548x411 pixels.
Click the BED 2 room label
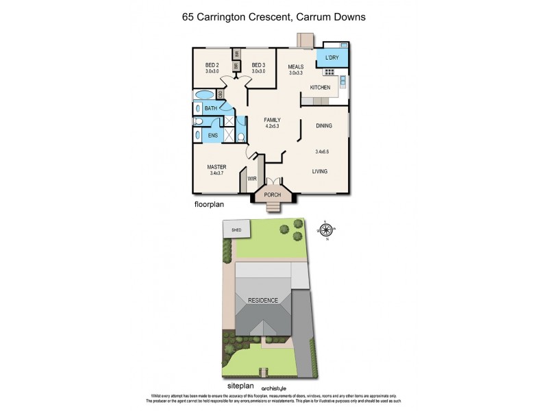point(211,66)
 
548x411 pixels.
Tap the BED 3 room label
point(258,66)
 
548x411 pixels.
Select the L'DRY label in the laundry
point(333,57)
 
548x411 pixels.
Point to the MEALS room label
point(295,67)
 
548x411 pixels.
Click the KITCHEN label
point(320,88)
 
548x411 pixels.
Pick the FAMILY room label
point(273,120)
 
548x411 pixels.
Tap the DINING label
point(324,126)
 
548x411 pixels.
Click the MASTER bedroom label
point(217,167)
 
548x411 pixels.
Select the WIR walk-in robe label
point(252,179)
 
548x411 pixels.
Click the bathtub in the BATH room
point(204,95)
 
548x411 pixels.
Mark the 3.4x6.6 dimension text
point(323,151)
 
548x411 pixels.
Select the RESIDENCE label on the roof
point(263,300)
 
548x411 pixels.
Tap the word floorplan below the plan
point(210,204)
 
